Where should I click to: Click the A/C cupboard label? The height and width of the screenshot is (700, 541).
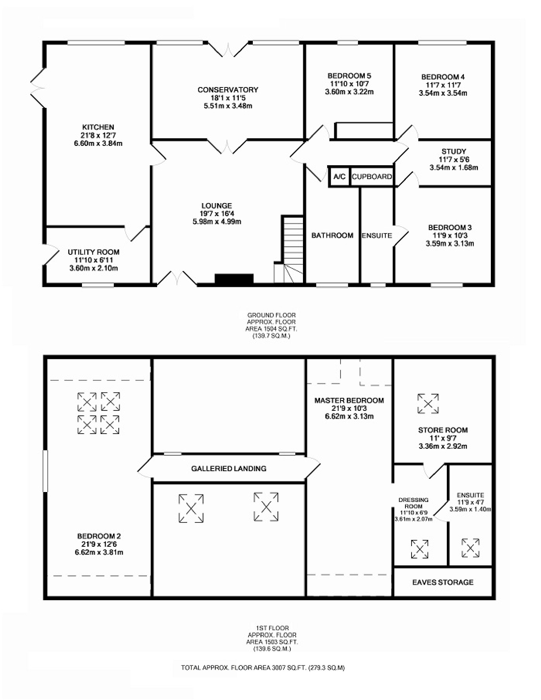click(339, 176)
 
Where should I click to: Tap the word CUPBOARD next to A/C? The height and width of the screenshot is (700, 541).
click(372, 177)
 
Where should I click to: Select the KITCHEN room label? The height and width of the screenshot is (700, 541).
click(98, 127)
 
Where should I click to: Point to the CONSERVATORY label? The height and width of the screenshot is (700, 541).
click(228, 90)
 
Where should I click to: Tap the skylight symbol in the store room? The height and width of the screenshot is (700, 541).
click(428, 403)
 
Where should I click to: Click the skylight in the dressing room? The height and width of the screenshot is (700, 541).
click(420, 549)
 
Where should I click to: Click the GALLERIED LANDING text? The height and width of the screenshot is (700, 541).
click(229, 468)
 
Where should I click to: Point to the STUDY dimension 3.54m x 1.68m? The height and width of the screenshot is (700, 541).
click(453, 167)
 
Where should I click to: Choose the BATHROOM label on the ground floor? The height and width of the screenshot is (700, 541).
click(332, 235)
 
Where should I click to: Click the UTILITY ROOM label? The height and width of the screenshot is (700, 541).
click(94, 252)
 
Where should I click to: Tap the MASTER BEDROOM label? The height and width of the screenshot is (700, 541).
click(349, 400)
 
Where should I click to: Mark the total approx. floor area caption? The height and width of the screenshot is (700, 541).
click(263, 668)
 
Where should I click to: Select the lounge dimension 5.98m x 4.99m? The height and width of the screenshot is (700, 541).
click(217, 221)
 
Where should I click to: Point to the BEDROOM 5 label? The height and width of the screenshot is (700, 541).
click(349, 76)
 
